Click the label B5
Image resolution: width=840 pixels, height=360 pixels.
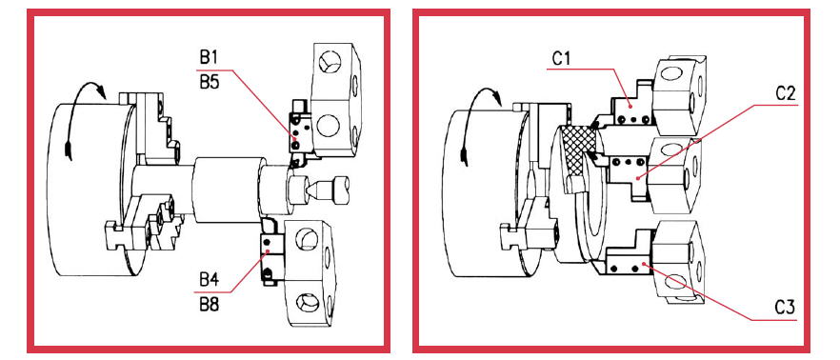210,82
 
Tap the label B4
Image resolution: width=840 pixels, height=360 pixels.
210,280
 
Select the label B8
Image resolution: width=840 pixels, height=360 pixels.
210,305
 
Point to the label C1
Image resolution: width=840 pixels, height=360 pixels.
562,58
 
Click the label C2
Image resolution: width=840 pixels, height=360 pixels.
787,93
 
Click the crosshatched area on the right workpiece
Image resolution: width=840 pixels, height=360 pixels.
579,151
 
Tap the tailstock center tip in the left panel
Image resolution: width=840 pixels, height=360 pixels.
308,189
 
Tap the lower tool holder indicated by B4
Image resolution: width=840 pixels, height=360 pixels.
272,250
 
